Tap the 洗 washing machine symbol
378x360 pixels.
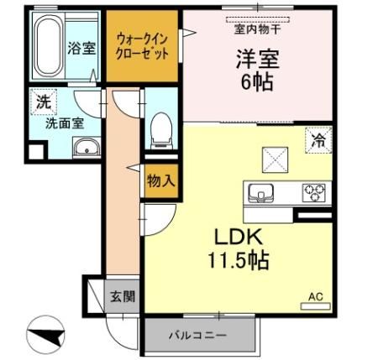[x=42, y=102]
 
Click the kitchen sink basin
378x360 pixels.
[x=264, y=193]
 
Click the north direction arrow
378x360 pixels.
[x=46, y=337]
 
